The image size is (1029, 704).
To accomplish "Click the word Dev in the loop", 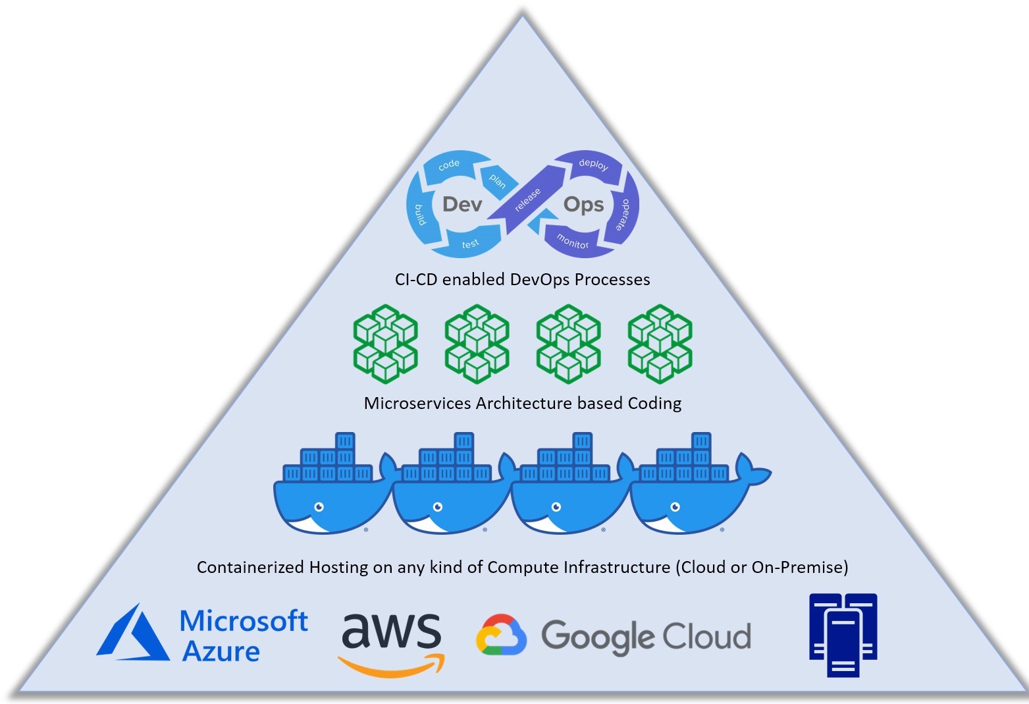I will click(x=462, y=204).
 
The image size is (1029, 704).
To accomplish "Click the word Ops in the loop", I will click(x=583, y=205).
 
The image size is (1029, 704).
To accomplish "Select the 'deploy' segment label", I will click(x=593, y=165).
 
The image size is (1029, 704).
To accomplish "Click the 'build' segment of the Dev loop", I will click(x=420, y=214).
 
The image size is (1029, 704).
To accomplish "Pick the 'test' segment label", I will click(x=470, y=244).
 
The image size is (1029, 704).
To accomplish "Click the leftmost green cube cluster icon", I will click(x=386, y=343).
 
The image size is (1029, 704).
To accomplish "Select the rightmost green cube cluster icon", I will click(x=660, y=343).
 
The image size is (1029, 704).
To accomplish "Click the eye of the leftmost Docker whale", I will click(x=319, y=507).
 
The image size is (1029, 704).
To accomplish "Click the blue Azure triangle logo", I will click(x=132, y=635).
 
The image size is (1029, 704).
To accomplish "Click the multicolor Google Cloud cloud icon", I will click(x=502, y=636).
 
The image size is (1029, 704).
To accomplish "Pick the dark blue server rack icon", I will click(x=843, y=635).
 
